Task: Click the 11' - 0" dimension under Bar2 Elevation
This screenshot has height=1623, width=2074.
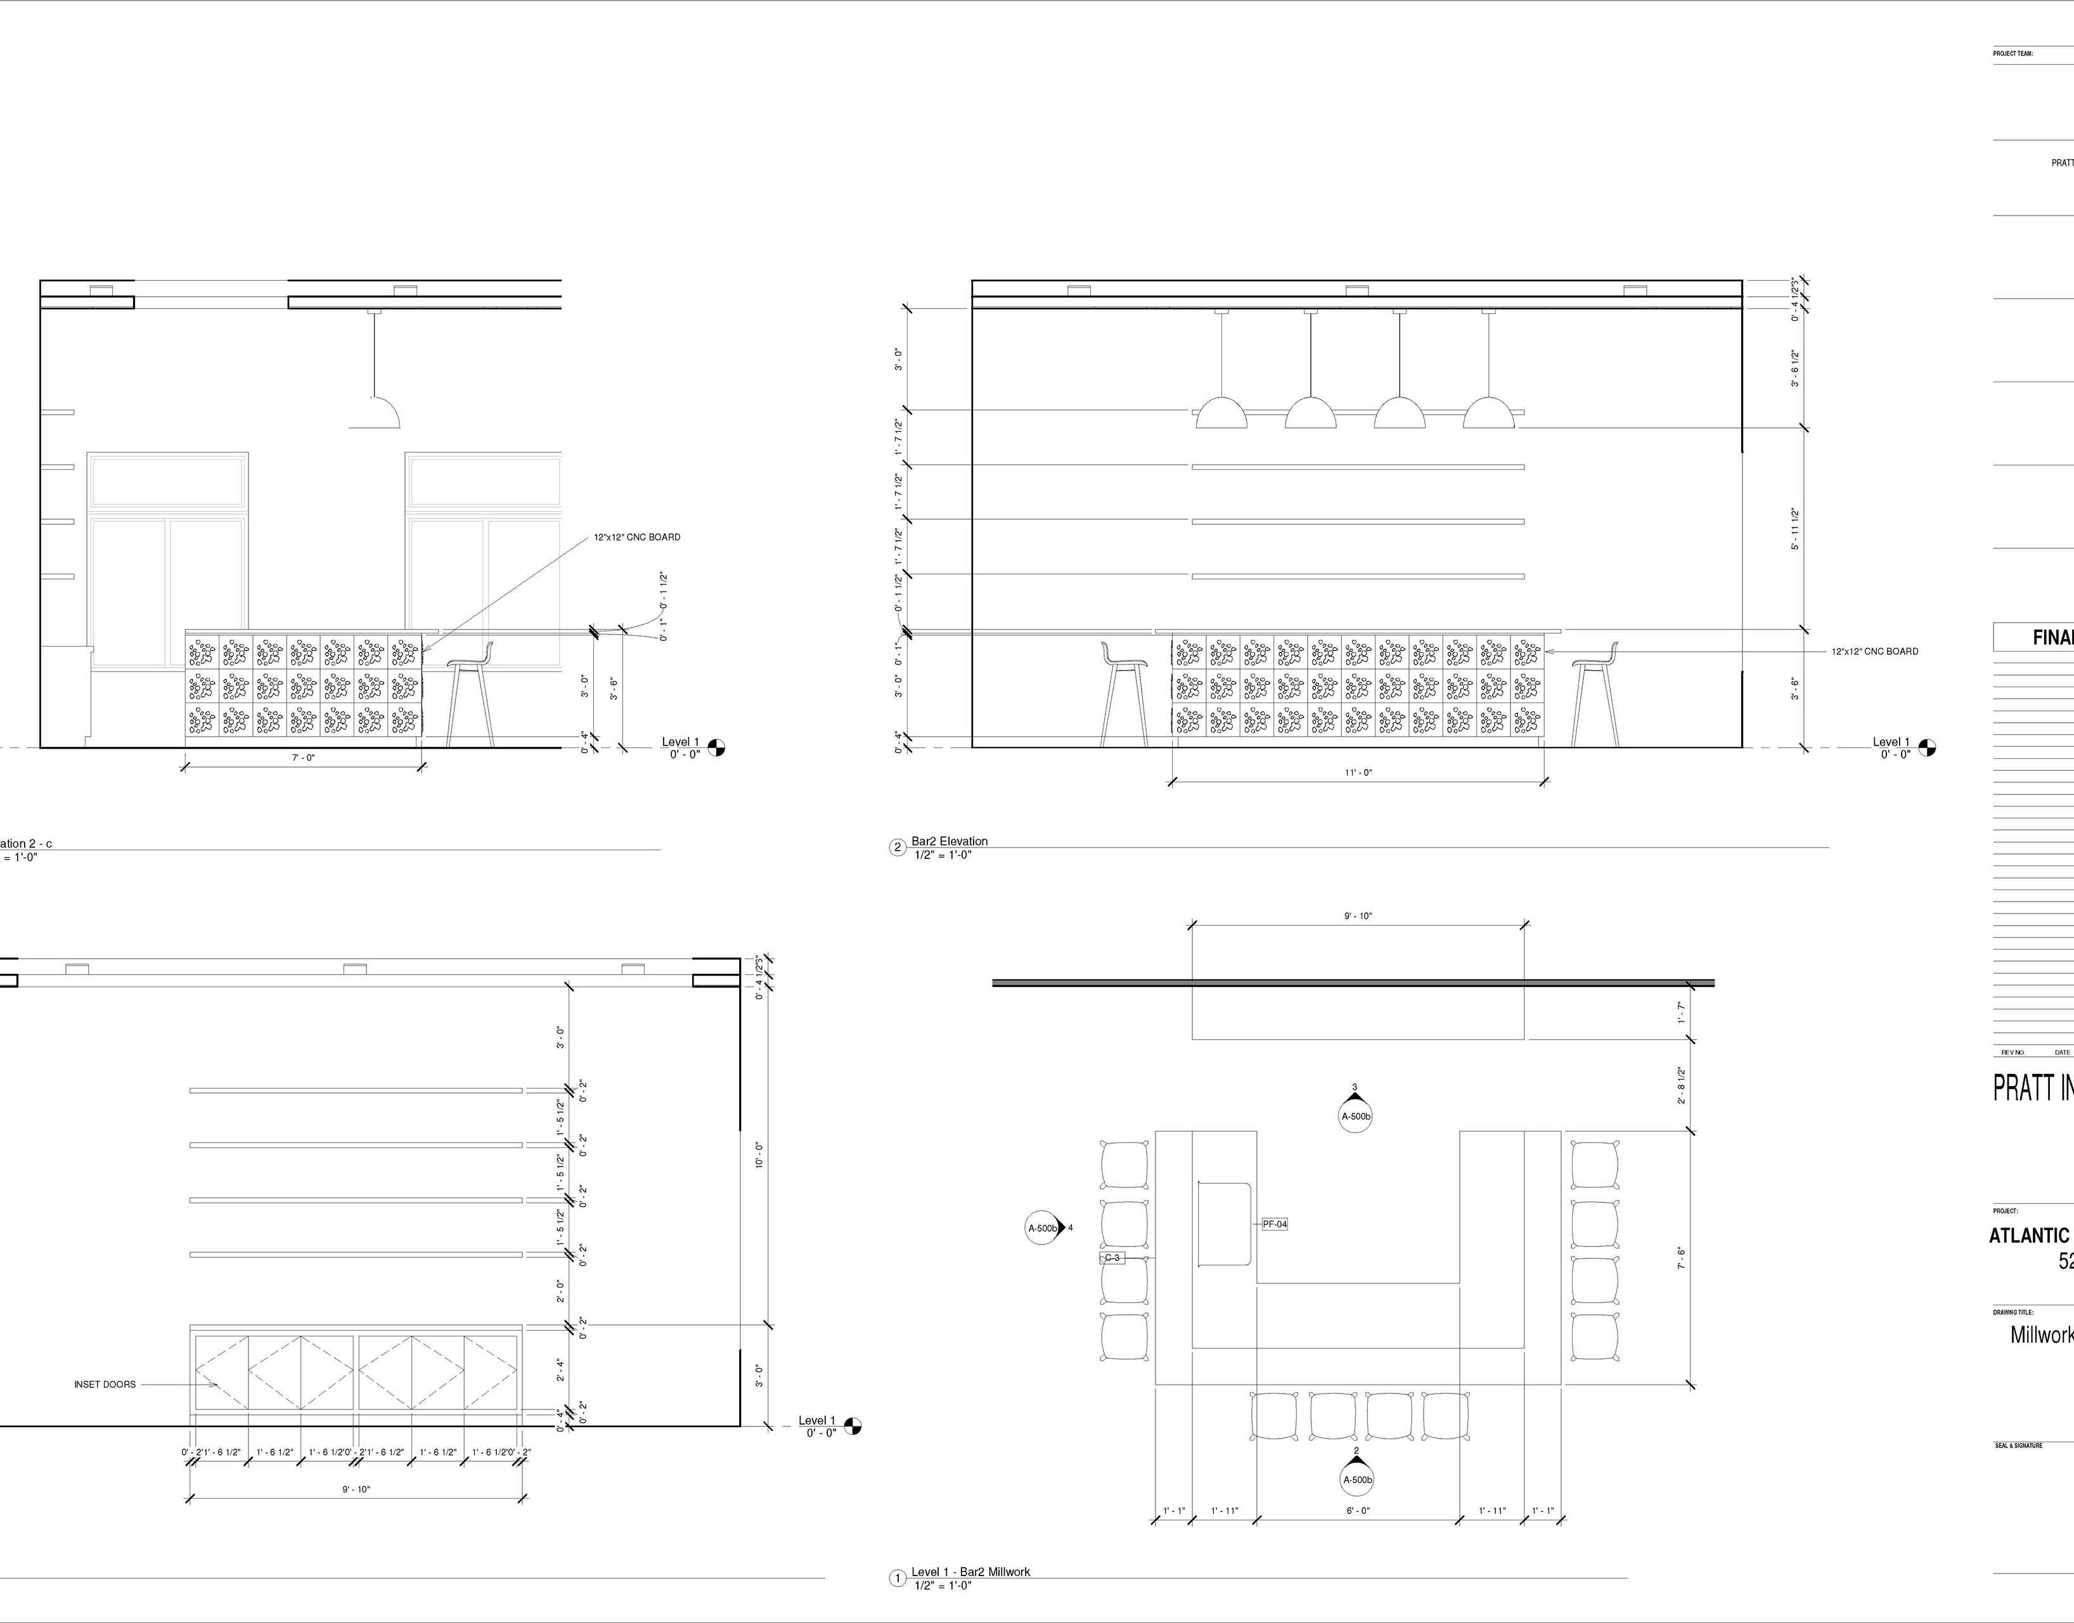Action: click(x=1358, y=773)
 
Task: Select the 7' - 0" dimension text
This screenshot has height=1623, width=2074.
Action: click(x=302, y=758)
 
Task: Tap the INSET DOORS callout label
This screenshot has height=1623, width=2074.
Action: click(x=105, y=1385)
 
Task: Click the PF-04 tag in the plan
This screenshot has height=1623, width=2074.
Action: click(x=1275, y=1224)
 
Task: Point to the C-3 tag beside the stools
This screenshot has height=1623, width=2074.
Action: click(x=1112, y=1258)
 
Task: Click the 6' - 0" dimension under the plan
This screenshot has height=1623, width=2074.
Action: click(x=1358, y=1510)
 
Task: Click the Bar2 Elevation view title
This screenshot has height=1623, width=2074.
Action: click(x=949, y=841)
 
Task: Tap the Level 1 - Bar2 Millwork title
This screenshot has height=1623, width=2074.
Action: click(x=970, y=1572)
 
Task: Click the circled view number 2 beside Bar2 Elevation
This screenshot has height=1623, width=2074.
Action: click(x=898, y=848)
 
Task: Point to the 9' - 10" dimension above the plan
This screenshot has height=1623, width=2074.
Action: click(x=1358, y=916)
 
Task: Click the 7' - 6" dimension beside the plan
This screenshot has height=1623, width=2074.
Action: click(x=1682, y=1258)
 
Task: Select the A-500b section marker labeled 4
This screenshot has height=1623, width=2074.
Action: click(x=1042, y=1227)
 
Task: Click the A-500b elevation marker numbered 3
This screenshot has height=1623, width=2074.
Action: click(x=1356, y=1116)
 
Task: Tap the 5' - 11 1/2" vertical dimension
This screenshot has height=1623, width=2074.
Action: click(x=1794, y=529)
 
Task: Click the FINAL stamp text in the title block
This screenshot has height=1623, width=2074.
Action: click(x=2052, y=638)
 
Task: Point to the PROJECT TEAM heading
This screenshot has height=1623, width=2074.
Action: click(x=2013, y=54)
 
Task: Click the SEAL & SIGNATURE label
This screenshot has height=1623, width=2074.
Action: click(x=2019, y=1446)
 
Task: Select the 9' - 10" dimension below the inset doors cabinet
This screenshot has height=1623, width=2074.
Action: click(x=356, y=1489)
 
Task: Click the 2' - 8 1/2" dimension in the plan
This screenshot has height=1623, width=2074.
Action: click(x=1682, y=1084)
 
